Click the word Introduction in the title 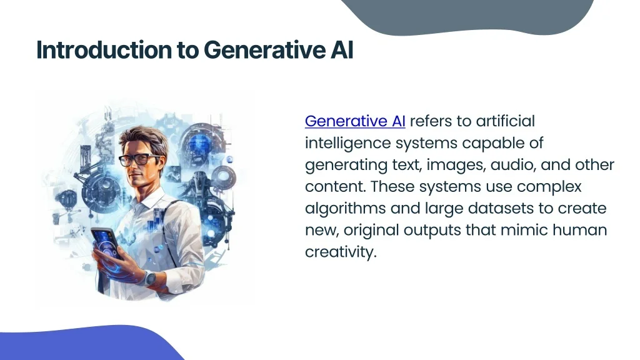[104, 50]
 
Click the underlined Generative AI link [355, 121]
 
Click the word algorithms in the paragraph [345, 209]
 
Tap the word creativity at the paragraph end [341, 252]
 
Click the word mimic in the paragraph [524, 230]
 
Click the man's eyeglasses [140, 159]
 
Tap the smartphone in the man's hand [107, 244]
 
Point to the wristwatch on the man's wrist [149, 278]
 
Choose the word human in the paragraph [579, 230]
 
